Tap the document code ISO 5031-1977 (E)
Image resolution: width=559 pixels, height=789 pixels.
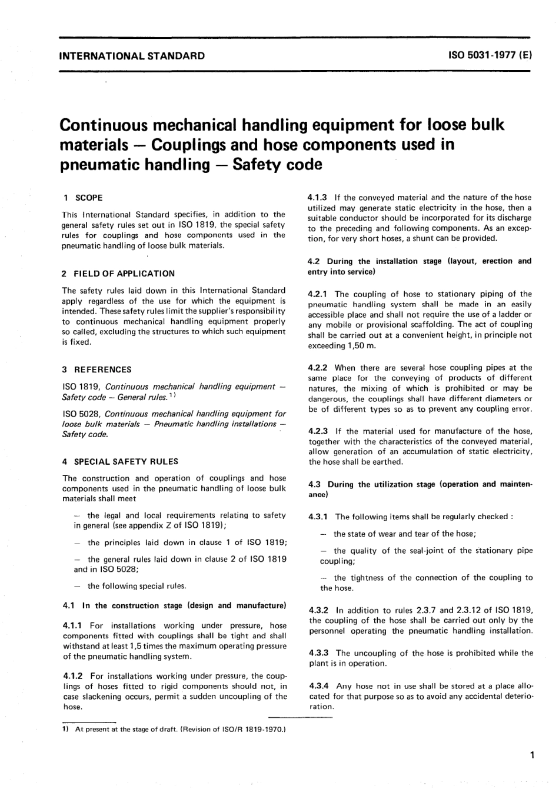[491, 56]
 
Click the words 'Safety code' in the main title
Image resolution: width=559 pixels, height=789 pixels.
[277, 164]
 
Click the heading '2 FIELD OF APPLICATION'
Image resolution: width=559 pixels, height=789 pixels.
[118, 274]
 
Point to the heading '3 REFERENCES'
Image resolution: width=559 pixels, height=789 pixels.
[97, 369]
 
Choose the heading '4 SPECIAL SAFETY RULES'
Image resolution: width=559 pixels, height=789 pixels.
[120, 462]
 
